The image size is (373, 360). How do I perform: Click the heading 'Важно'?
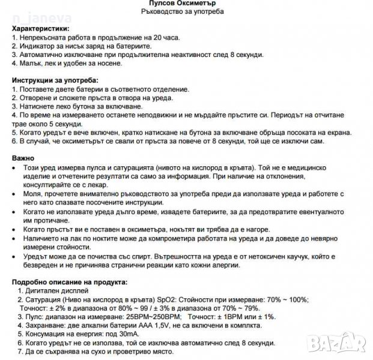pos(23,158)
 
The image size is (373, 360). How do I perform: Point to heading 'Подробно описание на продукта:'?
pos(70,282)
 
